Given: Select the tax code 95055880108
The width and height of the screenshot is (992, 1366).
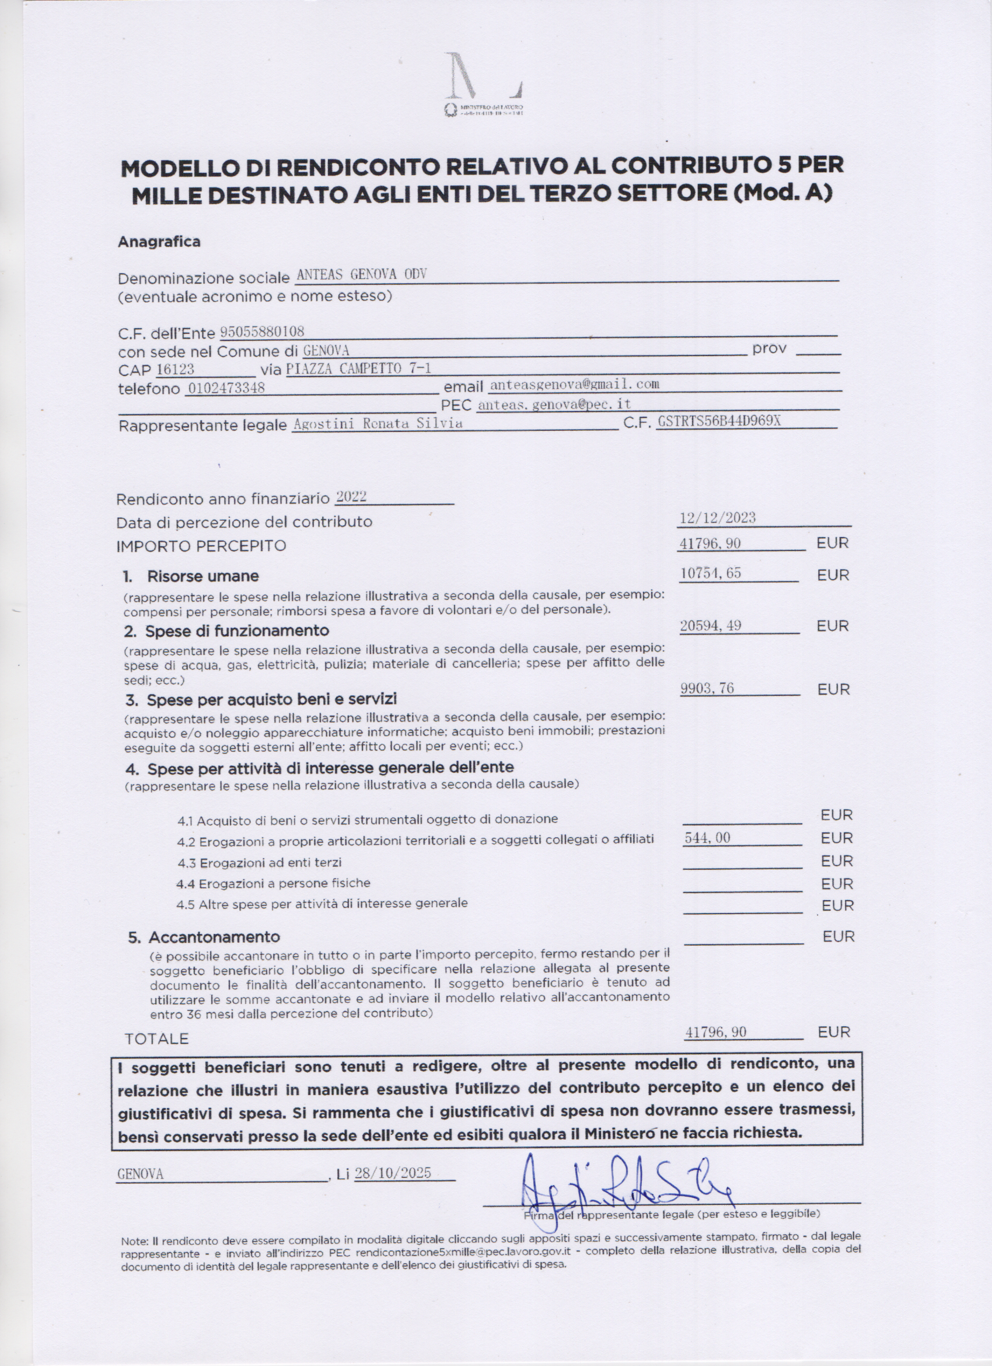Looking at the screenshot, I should click(x=263, y=331).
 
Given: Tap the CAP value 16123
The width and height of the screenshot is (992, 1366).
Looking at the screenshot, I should click(x=175, y=368).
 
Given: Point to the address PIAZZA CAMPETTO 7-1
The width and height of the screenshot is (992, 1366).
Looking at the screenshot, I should click(x=359, y=368).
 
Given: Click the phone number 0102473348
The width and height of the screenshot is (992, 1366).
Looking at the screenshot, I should click(x=226, y=388).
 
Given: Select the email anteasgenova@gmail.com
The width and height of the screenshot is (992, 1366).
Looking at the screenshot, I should click(x=574, y=384).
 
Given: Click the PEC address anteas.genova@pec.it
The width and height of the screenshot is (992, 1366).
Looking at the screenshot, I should click(x=554, y=404).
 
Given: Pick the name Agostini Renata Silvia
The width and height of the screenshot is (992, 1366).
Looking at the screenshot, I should click(x=378, y=423).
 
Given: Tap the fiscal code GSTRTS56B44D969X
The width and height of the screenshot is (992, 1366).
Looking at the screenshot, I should click(x=719, y=420).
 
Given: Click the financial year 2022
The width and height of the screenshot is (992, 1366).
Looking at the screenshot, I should click(x=351, y=497).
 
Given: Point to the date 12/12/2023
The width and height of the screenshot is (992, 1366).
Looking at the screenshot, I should click(x=718, y=517).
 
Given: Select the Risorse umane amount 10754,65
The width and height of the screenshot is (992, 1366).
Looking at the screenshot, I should click(x=710, y=573).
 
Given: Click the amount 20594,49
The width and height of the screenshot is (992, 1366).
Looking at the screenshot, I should click(x=710, y=626).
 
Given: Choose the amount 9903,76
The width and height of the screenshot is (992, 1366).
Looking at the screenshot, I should click(x=707, y=688).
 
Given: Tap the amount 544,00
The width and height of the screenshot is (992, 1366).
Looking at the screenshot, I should click(x=707, y=837).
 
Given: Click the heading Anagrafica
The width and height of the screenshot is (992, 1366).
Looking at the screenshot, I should click(x=159, y=242).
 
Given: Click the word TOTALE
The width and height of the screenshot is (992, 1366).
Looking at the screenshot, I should click(x=156, y=1039).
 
